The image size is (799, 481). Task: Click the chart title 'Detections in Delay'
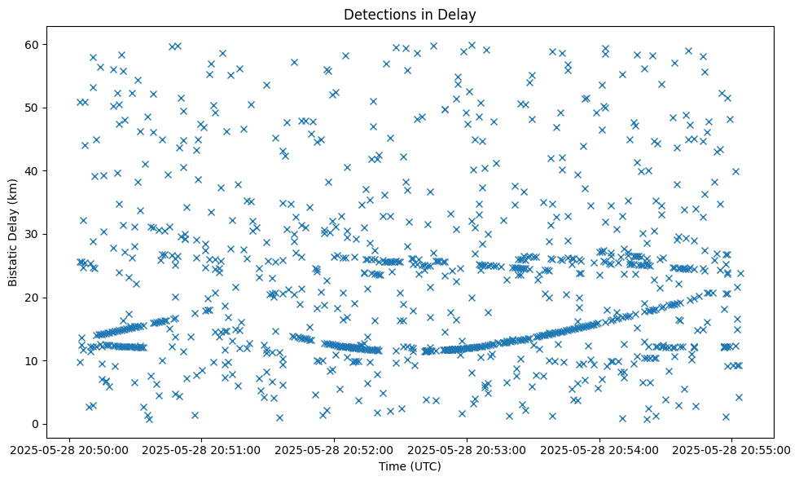pos(410,14)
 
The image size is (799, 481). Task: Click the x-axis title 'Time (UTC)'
pos(410,466)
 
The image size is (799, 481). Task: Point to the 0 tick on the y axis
pos(36,424)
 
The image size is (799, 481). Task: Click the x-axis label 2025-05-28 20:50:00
pos(68,449)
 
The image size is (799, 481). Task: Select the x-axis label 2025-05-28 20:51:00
pos(201,449)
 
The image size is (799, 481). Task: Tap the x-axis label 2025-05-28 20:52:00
pos(334,449)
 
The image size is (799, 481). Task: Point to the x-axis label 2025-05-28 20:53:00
pos(467,449)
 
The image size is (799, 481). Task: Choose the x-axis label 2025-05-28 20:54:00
pos(600,449)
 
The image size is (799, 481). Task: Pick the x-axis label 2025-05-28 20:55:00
pos(732,449)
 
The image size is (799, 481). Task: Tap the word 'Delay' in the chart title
pos(459,14)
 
